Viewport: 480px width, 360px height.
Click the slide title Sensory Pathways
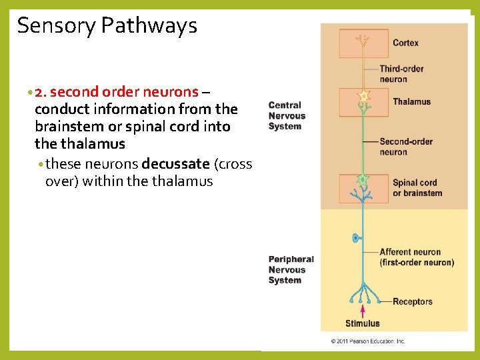click(107, 26)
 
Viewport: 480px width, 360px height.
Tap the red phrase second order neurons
click(127, 91)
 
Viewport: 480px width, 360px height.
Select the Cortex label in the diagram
click(405, 43)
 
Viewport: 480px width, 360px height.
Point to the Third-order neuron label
click(401, 74)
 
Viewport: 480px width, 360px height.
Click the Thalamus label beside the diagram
click(411, 102)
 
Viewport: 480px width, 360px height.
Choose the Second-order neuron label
click(405, 147)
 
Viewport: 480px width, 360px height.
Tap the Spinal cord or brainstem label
click(417, 188)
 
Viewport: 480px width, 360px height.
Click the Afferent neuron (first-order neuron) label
click(416, 257)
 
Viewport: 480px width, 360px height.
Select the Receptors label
click(412, 302)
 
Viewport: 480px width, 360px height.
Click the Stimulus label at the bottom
click(362, 324)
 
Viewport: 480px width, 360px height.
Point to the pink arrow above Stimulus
click(363, 311)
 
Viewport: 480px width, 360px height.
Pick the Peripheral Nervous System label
click(291, 270)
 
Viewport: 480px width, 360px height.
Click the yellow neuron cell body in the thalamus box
click(363, 97)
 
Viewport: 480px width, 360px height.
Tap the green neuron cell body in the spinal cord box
click(363, 180)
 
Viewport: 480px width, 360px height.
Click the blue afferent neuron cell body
click(355, 237)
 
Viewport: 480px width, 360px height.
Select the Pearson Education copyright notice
click(367, 341)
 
